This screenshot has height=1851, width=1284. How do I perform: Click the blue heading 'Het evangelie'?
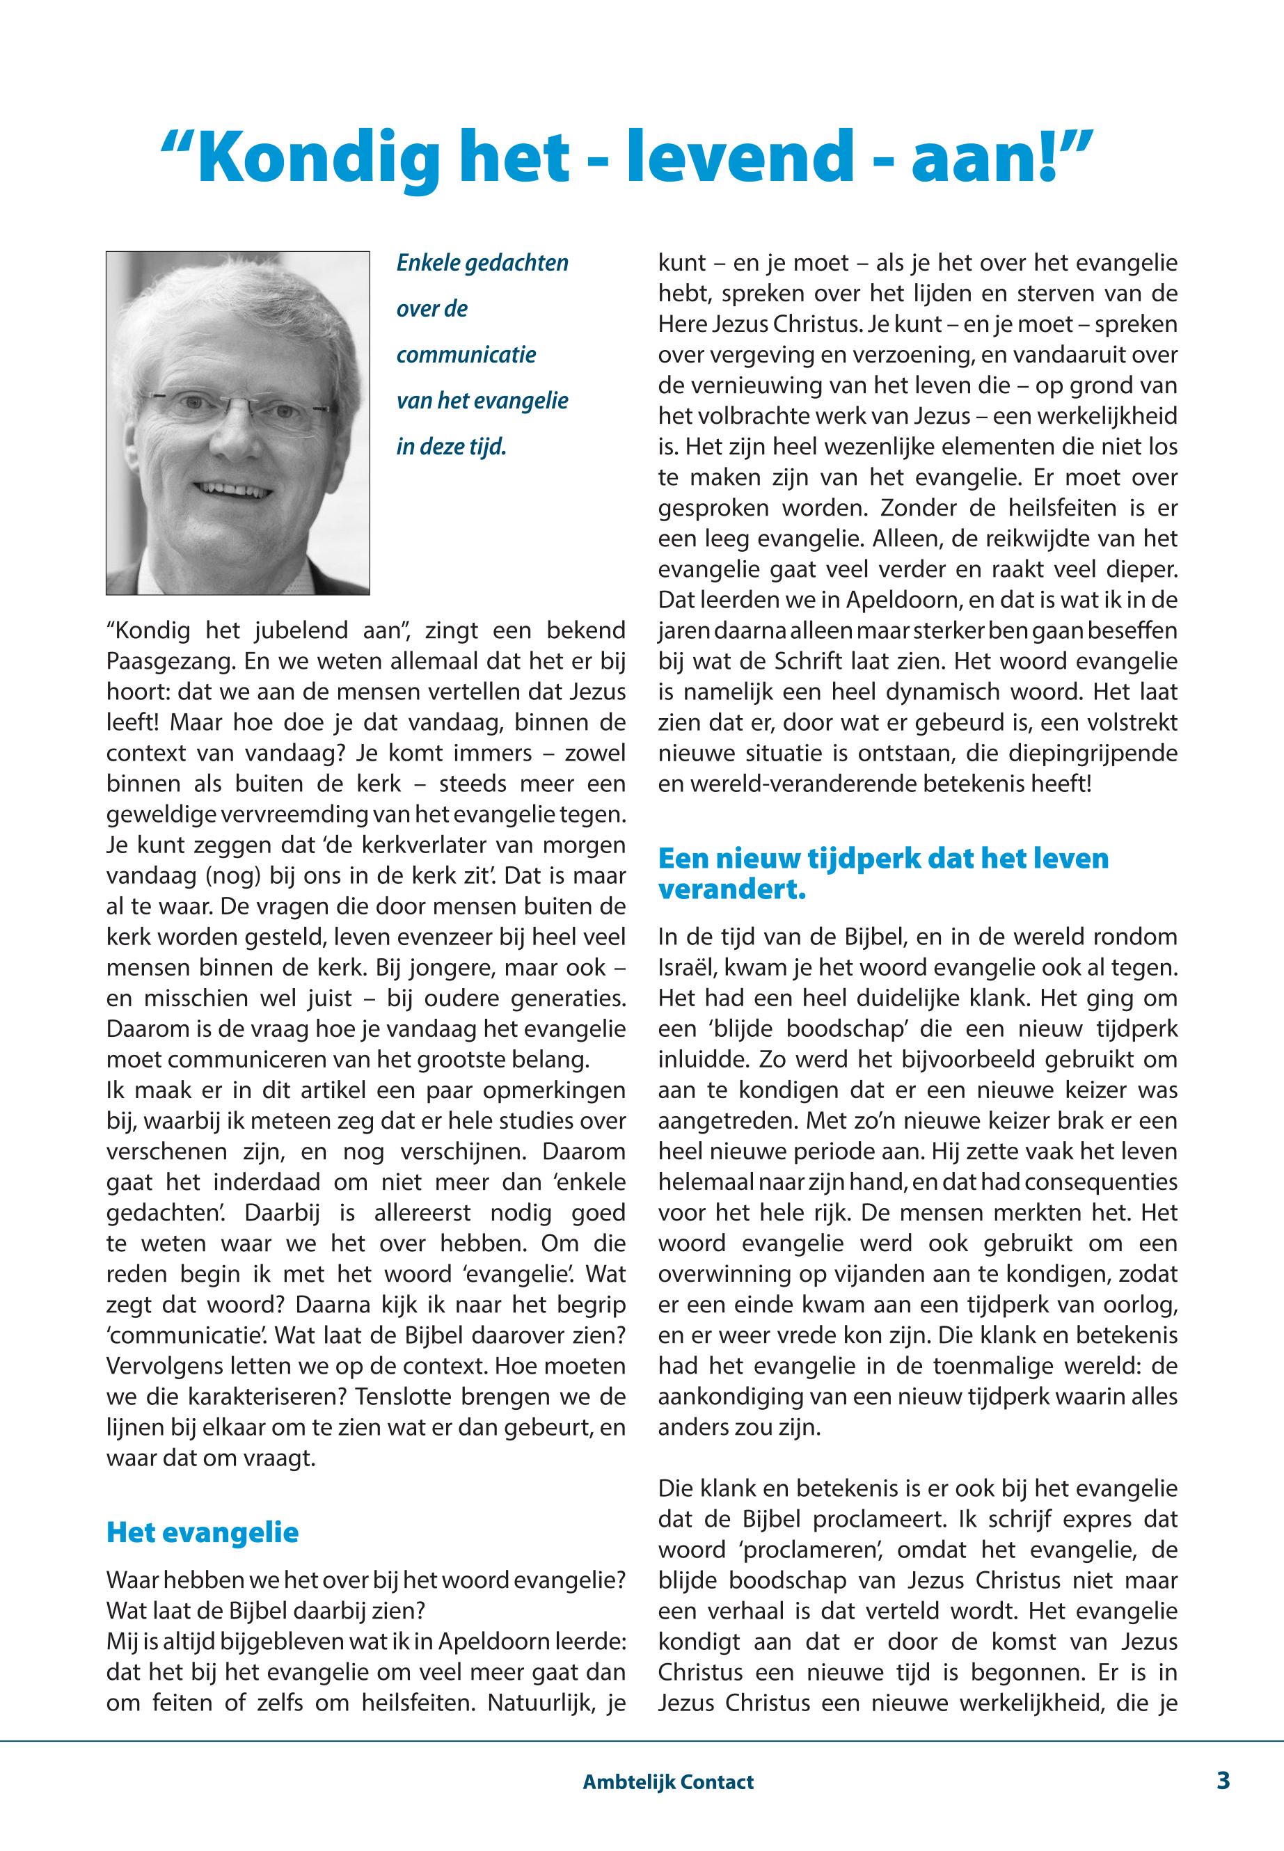(202, 1532)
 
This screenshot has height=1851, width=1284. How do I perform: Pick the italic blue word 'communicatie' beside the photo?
(466, 355)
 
